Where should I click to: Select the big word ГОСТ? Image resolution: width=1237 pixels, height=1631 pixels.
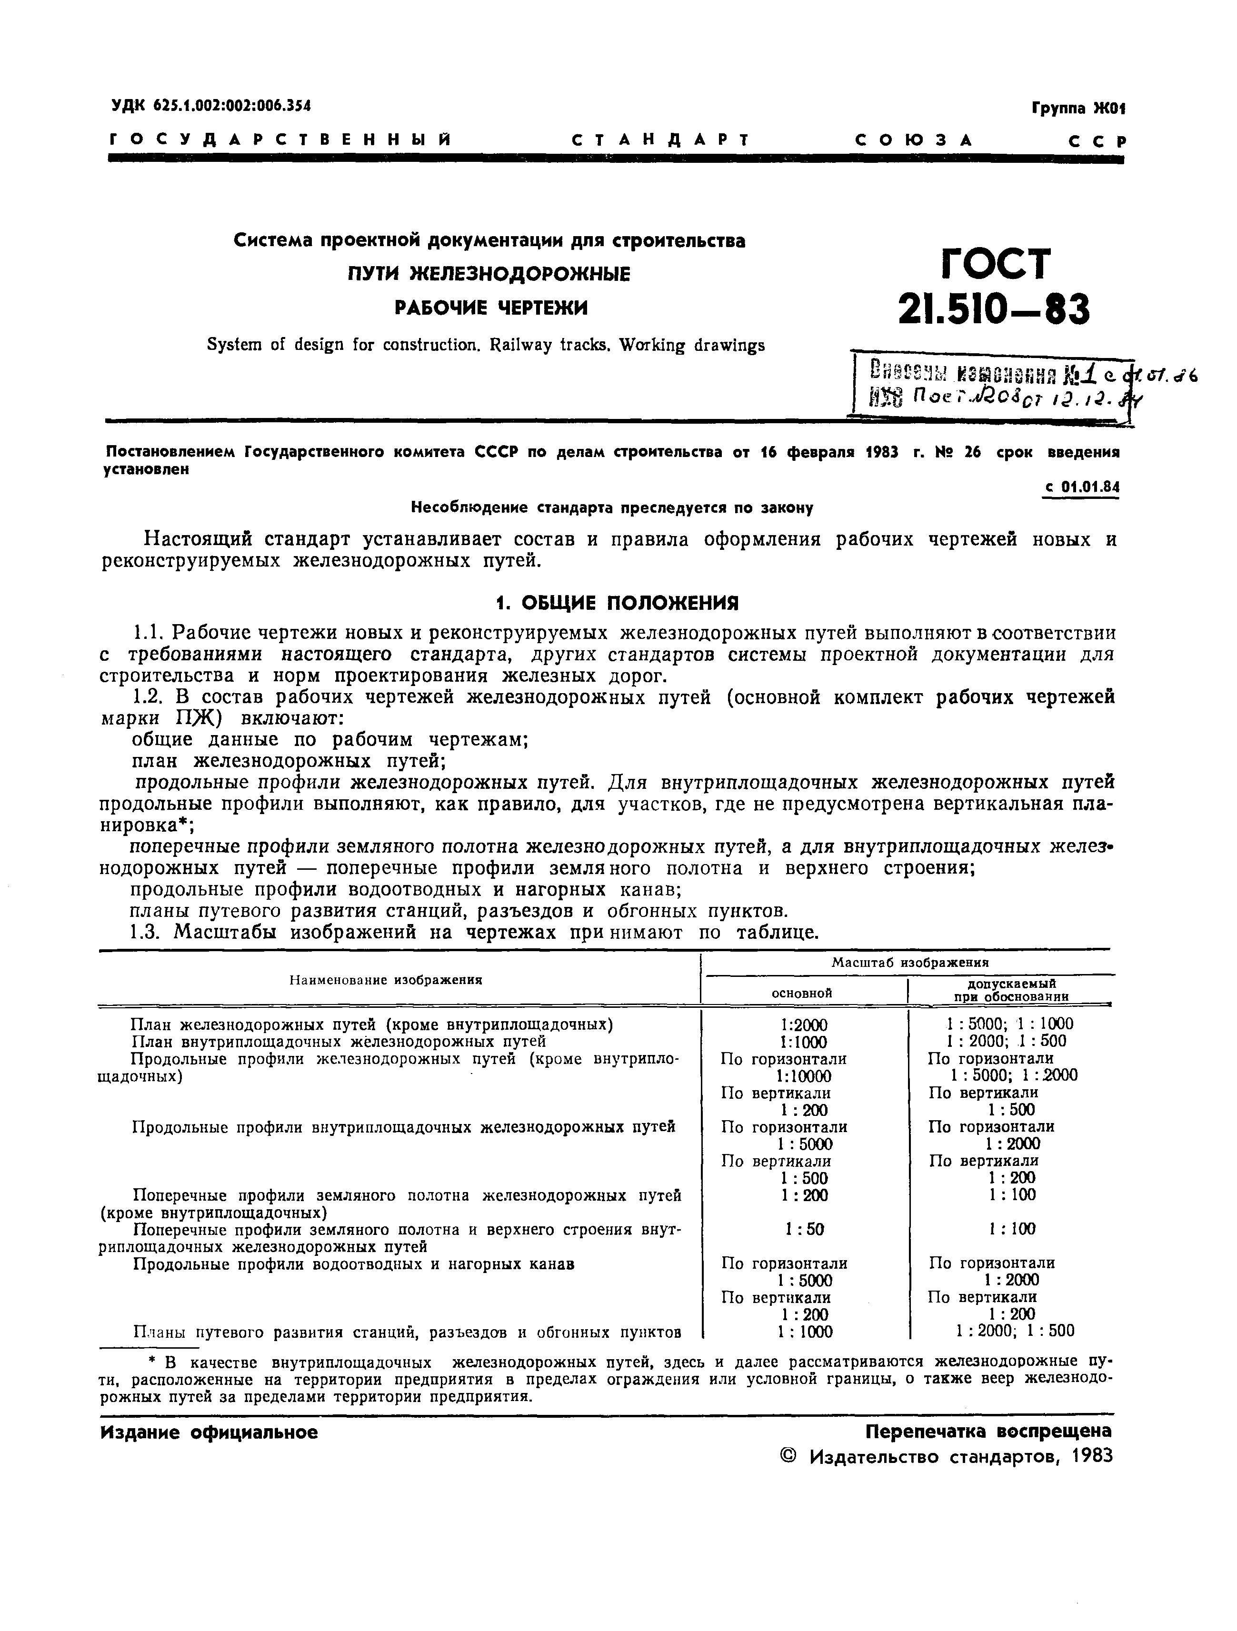pyautogui.click(x=995, y=262)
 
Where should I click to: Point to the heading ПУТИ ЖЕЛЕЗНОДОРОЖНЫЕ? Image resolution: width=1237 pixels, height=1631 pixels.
pyautogui.click(x=489, y=274)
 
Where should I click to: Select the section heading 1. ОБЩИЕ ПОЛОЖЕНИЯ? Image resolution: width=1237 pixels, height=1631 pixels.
pyautogui.click(x=617, y=603)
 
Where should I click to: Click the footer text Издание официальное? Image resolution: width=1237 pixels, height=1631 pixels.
pyautogui.click(x=209, y=1432)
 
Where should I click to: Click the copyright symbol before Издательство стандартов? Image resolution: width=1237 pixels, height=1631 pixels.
pyautogui.click(x=788, y=1457)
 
